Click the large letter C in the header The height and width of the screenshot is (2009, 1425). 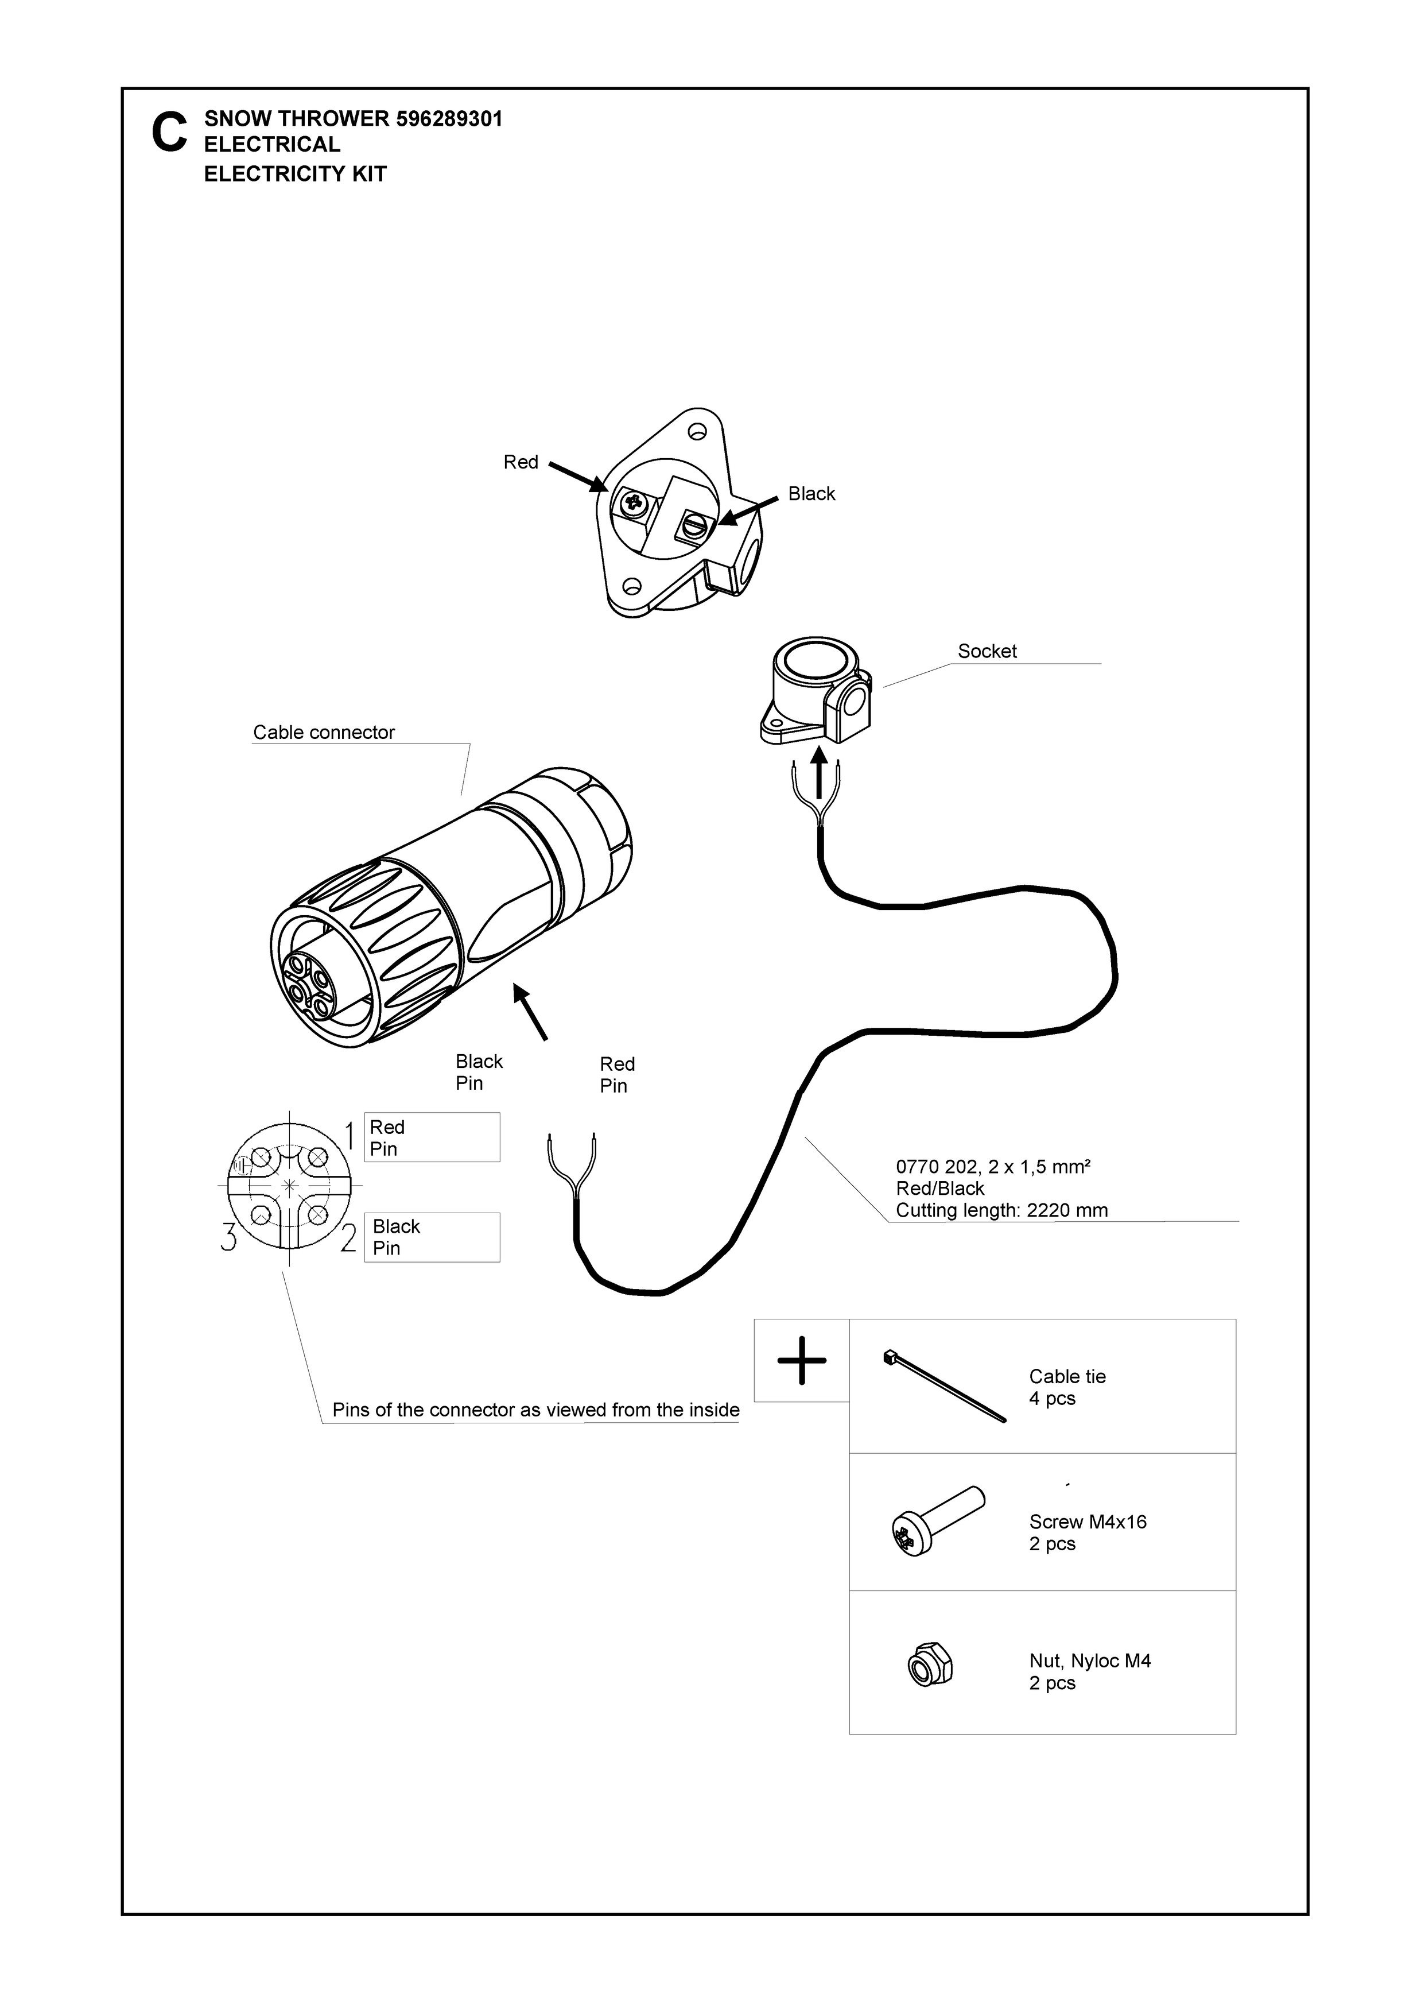pyautogui.click(x=169, y=133)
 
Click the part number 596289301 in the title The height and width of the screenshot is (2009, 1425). pyautogui.click(x=449, y=118)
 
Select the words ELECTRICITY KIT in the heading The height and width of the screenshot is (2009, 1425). pyautogui.click(x=295, y=174)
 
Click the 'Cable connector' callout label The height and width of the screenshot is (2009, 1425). pyautogui.click(x=324, y=732)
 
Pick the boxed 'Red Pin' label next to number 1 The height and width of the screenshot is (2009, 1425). pyautogui.click(x=432, y=1137)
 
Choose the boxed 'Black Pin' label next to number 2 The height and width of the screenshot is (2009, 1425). pyautogui.click(x=432, y=1237)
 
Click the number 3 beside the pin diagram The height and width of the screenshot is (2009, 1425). pyautogui.click(x=229, y=1237)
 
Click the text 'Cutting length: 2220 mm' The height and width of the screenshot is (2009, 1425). pyautogui.click(x=1001, y=1210)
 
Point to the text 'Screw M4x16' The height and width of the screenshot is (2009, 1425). pyautogui.click(x=1087, y=1522)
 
